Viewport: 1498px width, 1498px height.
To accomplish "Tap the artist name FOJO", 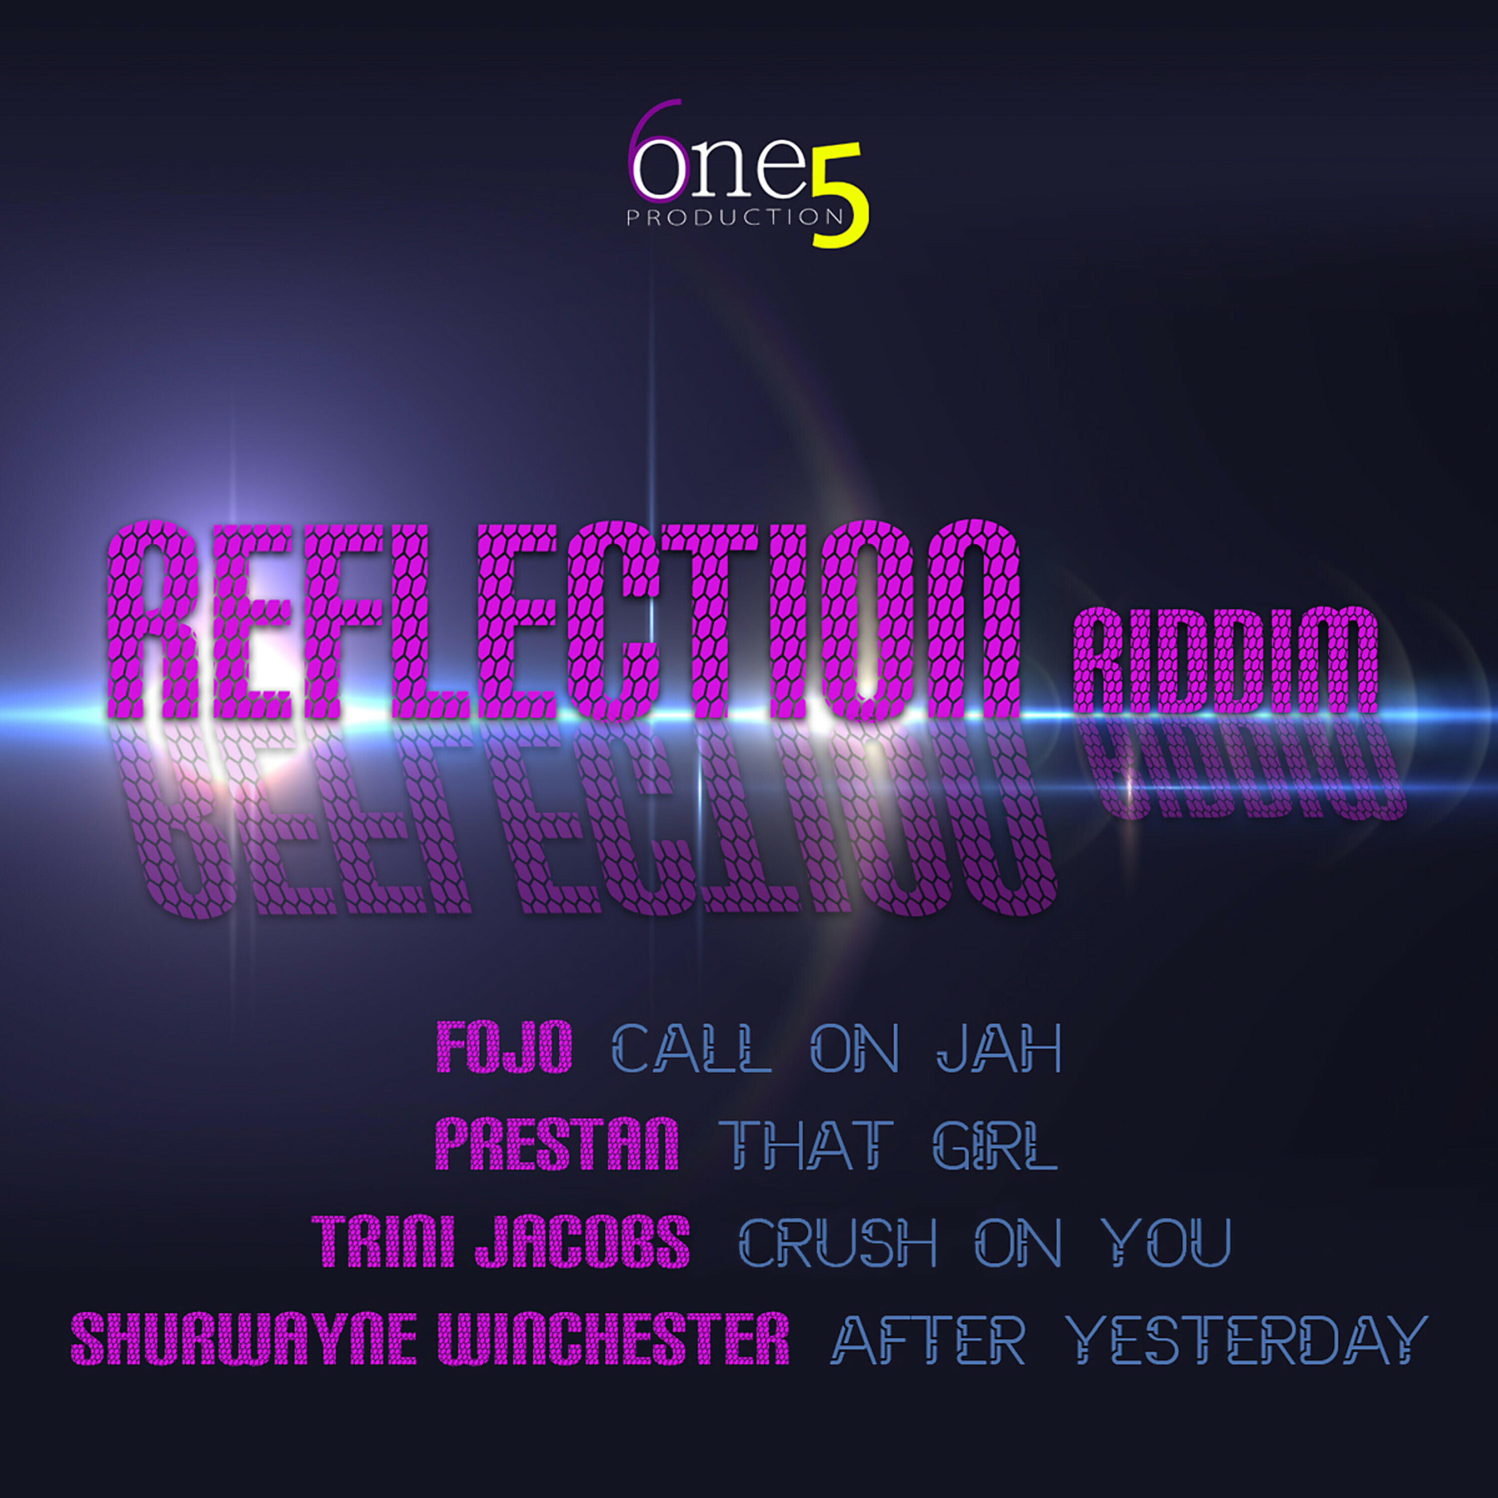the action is (505, 1047).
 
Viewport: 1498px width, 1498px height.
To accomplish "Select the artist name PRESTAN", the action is (557, 1143).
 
